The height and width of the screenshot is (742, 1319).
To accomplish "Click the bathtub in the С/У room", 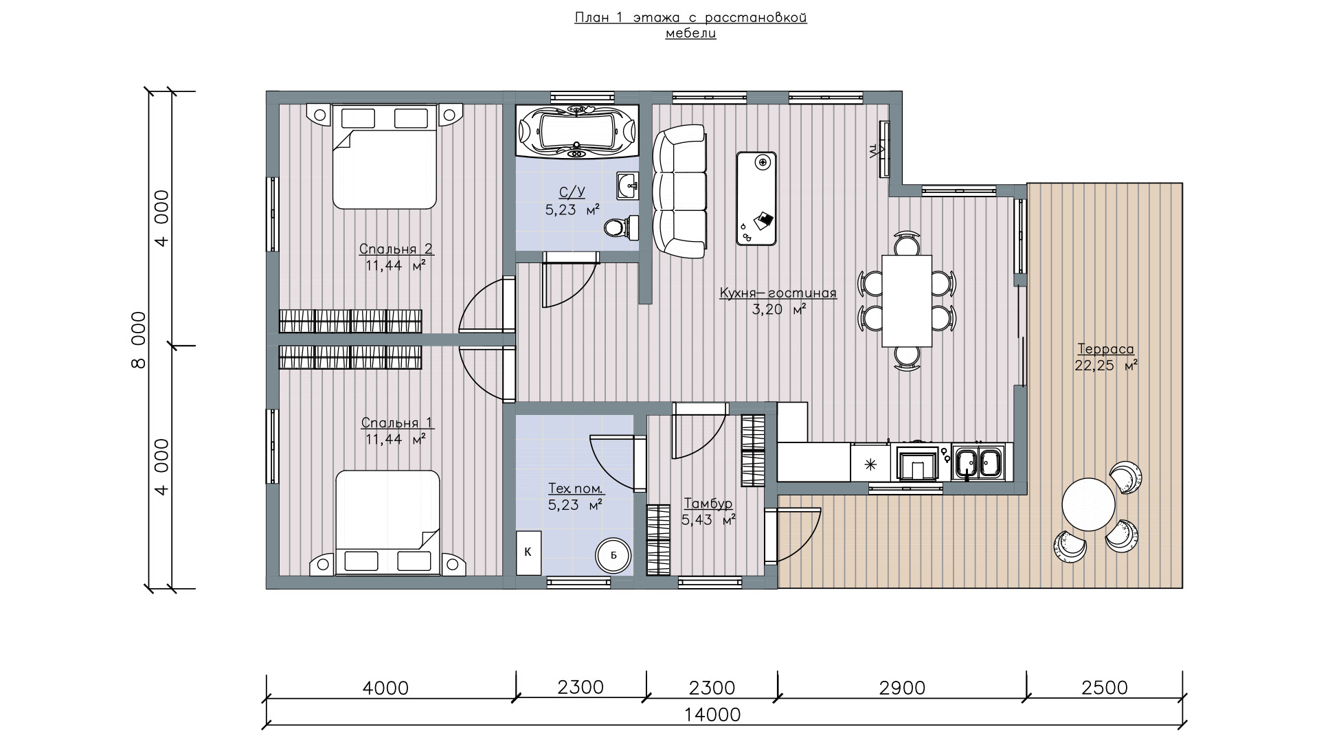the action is click(x=577, y=131).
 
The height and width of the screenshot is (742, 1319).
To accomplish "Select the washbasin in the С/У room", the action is click(x=628, y=185).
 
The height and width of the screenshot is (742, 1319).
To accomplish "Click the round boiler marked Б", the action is click(x=613, y=556).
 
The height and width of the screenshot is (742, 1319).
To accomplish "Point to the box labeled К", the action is click(x=528, y=552).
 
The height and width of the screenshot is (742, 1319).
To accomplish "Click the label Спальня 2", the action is click(x=396, y=249).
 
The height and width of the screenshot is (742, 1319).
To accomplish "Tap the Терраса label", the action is click(x=1105, y=349).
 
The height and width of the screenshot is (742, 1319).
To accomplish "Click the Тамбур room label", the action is click(x=708, y=504).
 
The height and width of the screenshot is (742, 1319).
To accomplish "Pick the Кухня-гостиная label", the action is click(x=778, y=293).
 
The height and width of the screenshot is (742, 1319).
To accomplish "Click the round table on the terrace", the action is click(x=1088, y=504).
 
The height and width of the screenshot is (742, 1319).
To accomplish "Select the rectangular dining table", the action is click(x=907, y=301).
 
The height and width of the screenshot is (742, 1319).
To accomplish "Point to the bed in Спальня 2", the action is click(x=385, y=156).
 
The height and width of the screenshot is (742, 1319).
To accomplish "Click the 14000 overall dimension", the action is click(x=712, y=715).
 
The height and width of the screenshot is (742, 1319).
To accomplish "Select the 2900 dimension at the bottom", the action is click(x=902, y=688).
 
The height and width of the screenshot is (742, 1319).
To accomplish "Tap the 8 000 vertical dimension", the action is click(x=138, y=339).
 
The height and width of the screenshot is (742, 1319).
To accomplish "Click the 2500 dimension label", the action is click(x=1105, y=688).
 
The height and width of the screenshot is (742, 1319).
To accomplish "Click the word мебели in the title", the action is click(x=690, y=34).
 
